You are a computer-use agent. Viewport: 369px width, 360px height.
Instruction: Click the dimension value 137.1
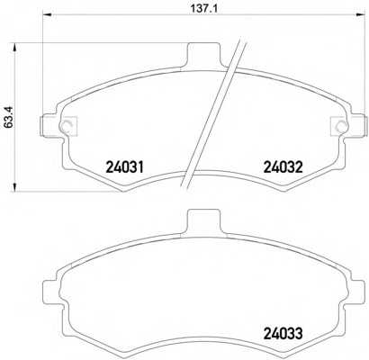[204, 8]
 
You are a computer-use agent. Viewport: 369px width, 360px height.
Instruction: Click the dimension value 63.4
[9, 117]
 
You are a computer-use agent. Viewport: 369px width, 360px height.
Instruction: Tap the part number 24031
[125, 167]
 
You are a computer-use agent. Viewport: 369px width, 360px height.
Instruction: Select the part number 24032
[283, 167]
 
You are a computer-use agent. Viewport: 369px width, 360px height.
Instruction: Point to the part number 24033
[283, 333]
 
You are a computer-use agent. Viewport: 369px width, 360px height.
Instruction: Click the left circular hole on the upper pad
[66, 126]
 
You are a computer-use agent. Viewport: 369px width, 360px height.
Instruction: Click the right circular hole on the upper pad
[341, 126]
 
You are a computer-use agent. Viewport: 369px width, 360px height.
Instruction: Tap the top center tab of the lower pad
[203, 222]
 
